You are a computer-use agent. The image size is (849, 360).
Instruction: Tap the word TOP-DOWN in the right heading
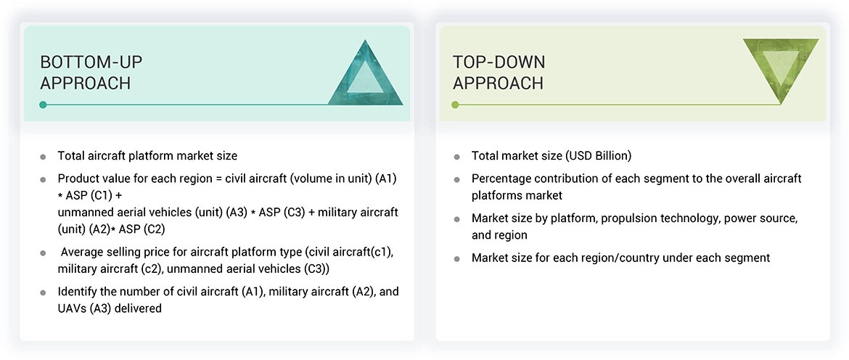click(499, 62)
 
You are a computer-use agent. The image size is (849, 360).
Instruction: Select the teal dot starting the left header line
click(44, 105)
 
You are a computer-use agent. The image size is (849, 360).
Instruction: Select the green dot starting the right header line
click(455, 105)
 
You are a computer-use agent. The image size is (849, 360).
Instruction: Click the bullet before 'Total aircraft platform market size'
click(43, 157)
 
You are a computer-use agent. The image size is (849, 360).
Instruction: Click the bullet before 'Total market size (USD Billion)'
click(456, 157)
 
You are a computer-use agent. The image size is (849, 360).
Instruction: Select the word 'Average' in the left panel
click(84, 253)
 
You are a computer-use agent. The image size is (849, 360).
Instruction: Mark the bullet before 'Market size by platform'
click(456, 219)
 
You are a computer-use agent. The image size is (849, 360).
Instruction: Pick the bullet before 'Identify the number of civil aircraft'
click(43, 292)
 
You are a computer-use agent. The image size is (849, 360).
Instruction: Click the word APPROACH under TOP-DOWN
click(498, 83)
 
